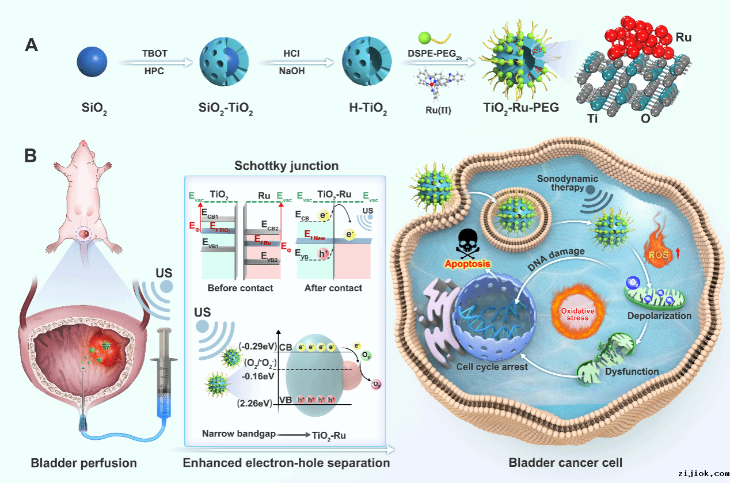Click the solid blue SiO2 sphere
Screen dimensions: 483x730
click(92, 62)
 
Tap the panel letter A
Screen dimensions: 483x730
click(32, 45)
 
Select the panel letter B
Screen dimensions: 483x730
click(31, 156)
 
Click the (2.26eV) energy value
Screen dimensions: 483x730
click(254, 403)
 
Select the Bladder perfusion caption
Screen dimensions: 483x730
click(84, 463)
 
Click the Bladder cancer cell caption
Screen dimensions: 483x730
click(565, 462)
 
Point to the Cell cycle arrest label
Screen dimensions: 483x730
click(492, 367)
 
